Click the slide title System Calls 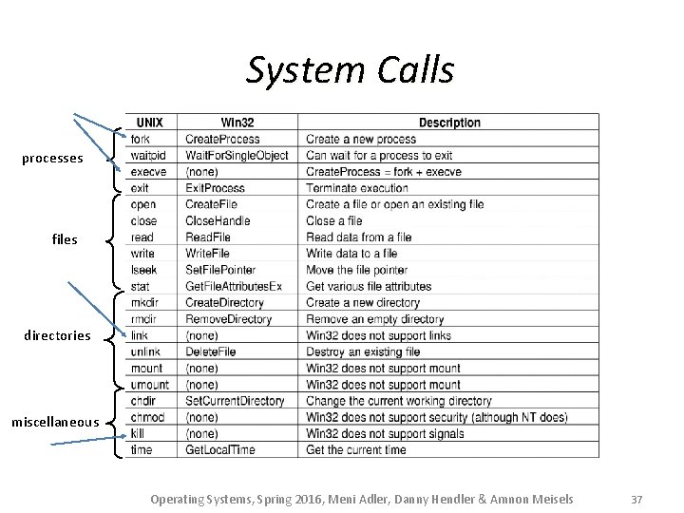pyautogui.click(x=350, y=69)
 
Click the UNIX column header pyautogui.click(x=149, y=123)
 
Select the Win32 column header pyautogui.click(x=237, y=123)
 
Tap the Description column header pyautogui.click(x=449, y=123)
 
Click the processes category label pyautogui.click(x=52, y=159)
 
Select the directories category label pyautogui.click(x=59, y=335)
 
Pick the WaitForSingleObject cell pyautogui.click(x=236, y=155)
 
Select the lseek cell pyautogui.click(x=144, y=270)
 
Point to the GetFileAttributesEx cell pyautogui.click(x=234, y=286)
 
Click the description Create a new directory pyautogui.click(x=363, y=302)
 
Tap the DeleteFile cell pyautogui.click(x=210, y=351)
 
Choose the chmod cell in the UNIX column pyautogui.click(x=147, y=417)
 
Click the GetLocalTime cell pyautogui.click(x=220, y=449)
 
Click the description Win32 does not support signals pyautogui.click(x=385, y=433)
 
